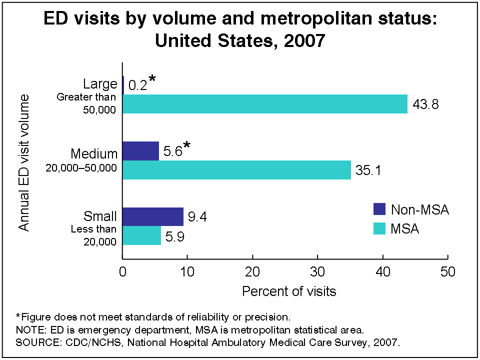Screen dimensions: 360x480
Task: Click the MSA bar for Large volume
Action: pyautogui.click(x=265, y=104)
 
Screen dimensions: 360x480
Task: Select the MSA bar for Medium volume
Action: pyautogui.click(x=236, y=170)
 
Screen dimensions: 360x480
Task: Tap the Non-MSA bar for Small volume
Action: pyautogui.click(x=153, y=216)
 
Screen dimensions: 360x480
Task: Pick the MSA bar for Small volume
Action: pyautogui.click(x=141, y=235)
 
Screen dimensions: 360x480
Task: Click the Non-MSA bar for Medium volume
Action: pyautogui.click(x=140, y=151)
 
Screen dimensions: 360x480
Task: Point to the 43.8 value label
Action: pyautogui.click(x=425, y=105)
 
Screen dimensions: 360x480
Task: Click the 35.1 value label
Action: pyautogui.click(x=368, y=171)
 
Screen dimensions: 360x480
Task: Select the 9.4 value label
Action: pyautogui.click(x=198, y=217)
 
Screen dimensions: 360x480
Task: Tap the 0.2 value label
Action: pyautogui.click(x=137, y=85)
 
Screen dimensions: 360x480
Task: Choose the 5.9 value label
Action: pyautogui.click(x=175, y=236)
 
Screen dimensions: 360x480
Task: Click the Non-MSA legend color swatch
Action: pyautogui.click(x=380, y=209)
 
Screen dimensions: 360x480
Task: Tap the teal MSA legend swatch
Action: pyautogui.click(x=380, y=229)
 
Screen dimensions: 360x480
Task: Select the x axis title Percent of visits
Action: pyautogui.click(x=289, y=291)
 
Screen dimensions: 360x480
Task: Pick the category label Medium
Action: pyautogui.click(x=94, y=153)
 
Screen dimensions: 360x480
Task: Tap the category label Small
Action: pyautogui.click(x=100, y=216)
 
